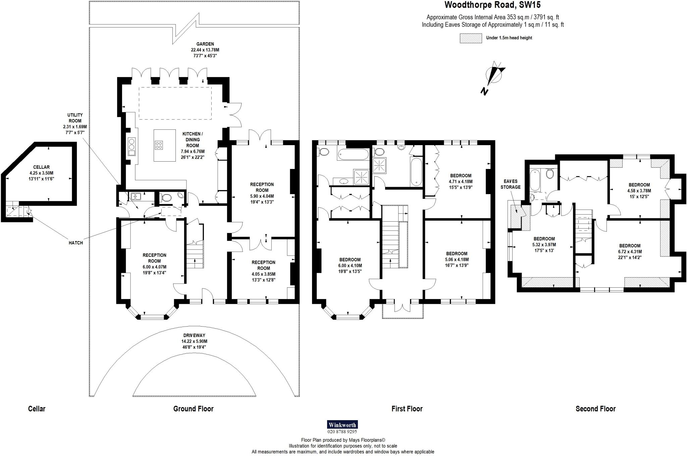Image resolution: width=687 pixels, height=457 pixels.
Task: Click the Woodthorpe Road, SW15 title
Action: coord(492,5)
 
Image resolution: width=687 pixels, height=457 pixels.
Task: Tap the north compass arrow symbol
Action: coord(493,77)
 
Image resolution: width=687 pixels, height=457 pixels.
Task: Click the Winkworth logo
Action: coord(342,425)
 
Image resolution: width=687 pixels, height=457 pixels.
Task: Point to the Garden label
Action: coord(205,50)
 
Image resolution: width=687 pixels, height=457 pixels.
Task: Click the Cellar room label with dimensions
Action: coord(42,173)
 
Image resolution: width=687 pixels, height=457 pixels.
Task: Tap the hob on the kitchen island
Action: coord(159,145)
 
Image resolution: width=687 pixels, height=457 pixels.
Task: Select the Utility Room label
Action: coord(75,124)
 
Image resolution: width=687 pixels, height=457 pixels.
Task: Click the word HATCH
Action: coord(75,243)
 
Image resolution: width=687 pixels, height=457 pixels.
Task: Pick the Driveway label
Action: coord(194,341)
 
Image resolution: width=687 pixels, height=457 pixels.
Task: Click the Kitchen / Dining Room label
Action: coord(193,145)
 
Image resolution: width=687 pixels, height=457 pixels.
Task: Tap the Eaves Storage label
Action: coord(511,184)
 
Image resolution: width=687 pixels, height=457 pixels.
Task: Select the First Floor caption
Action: coord(407,409)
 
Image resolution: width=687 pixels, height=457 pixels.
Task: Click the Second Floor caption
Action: coord(595,409)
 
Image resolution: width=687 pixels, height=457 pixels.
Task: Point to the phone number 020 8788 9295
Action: coord(342,432)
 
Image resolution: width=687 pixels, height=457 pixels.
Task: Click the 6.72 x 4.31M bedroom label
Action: coord(630,251)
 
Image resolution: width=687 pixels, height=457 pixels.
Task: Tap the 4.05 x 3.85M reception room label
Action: coord(263,271)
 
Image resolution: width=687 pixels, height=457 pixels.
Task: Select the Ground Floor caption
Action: coord(193,409)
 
